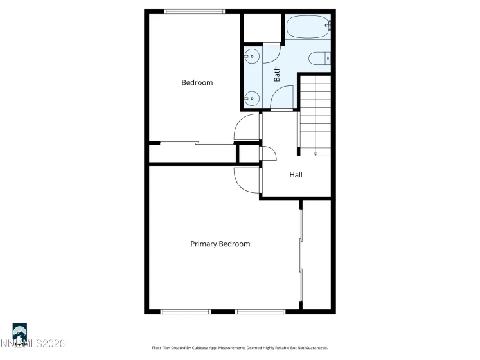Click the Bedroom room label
[x=197, y=83]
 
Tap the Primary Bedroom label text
[x=220, y=244]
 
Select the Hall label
[x=296, y=175]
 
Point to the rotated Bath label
[x=278, y=75]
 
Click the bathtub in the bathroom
[x=308, y=27]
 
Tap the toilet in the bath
[x=319, y=60]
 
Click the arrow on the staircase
[x=315, y=154]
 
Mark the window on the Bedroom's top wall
[x=195, y=11]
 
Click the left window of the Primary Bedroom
[x=186, y=312]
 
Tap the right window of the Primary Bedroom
[x=260, y=312]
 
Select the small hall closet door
[x=267, y=154]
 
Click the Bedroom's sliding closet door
[x=197, y=143]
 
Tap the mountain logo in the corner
[x=20, y=332]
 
